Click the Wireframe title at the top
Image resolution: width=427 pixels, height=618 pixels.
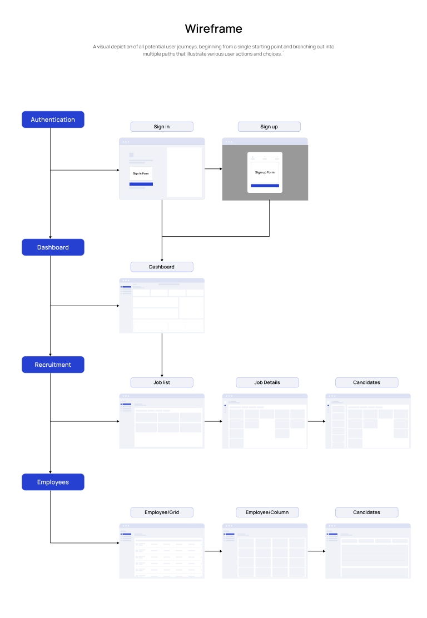click(x=213, y=29)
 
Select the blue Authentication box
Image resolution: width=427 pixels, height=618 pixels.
click(x=53, y=119)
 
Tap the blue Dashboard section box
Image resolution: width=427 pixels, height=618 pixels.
click(x=53, y=247)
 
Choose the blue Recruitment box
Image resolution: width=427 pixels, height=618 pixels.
click(x=53, y=365)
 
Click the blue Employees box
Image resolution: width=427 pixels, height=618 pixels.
click(x=53, y=482)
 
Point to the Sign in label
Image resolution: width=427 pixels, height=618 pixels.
click(x=162, y=127)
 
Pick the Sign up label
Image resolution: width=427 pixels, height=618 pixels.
click(x=269, y=127)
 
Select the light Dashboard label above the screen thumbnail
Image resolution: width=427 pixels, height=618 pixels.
click(x=162, y=267)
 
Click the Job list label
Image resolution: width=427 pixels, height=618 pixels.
click(x=162, y=382)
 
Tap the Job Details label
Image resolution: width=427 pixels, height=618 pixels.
click(x=267, y=382)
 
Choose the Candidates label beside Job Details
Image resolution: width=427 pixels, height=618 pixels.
click(x=366, y=382)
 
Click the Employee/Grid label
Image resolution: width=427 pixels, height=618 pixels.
click(x=162, y=512)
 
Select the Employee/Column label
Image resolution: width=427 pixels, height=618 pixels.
click(x=267, y=512)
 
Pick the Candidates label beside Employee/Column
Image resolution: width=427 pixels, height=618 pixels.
click(x=366, y=512)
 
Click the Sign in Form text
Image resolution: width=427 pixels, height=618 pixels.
click(x=141, y=173)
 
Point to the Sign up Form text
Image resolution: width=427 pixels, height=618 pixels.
click(x=265, y=172)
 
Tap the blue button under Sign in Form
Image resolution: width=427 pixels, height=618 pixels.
click(x=141, y=184)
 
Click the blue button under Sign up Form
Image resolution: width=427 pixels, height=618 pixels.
click(x=265, y=186)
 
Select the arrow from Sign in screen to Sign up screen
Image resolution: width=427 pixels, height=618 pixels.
click(x=213, y=168)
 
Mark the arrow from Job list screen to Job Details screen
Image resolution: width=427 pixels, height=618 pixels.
click(x=213, y=421)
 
